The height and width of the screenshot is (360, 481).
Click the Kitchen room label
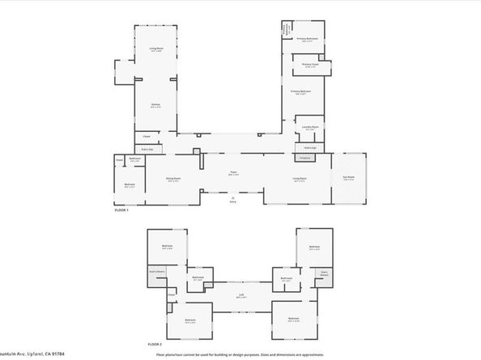tap(155, 105)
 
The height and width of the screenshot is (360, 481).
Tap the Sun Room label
tap(349, 179)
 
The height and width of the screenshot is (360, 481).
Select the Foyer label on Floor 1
tap(232, 173)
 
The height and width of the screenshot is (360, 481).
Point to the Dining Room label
tap(173, 179)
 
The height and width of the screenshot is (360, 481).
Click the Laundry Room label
tap(309, 128)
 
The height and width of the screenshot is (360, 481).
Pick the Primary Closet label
tap(310, 65)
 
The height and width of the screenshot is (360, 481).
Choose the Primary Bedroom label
tap(300, 92)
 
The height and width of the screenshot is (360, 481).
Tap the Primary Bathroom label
tap(306, 40)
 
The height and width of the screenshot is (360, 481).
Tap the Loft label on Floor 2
tap(240, 295)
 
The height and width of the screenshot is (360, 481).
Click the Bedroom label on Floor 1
tap(130, 185)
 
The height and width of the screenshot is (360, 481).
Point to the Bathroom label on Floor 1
tap(135, 159)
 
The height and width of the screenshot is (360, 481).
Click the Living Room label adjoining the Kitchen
tap(155, 49)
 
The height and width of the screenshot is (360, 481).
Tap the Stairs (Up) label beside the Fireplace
tap(309, 148)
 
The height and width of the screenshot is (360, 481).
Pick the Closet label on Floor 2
tap(155, 272)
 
